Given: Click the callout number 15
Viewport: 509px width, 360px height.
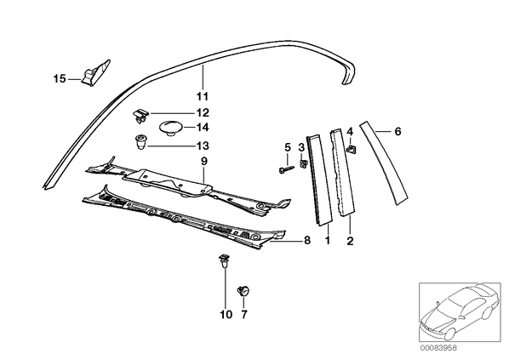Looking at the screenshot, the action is [60, 79].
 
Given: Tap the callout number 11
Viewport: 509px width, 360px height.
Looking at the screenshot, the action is [203, 96].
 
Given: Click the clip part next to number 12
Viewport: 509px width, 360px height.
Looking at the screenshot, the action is [140, 116].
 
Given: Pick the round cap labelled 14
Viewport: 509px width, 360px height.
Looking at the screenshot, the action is [171, 127].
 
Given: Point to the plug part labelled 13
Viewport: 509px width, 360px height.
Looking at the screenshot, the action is [140, 142].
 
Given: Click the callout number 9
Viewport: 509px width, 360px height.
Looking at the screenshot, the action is [203, 162].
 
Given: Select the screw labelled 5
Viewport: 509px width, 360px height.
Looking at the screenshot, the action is [286, 169].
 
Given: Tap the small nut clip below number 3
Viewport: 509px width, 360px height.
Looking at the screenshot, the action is [304, 163].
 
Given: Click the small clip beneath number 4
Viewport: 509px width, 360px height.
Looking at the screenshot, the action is [351, 150].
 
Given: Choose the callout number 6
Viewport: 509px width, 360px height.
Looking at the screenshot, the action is [398, 131].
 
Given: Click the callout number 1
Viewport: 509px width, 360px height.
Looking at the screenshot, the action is [328, 241].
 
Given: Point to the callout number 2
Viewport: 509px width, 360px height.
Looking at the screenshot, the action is [350, 241].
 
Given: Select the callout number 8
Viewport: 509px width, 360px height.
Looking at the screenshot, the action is [306, 240].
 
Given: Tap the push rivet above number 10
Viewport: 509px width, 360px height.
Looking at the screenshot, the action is [223, 260].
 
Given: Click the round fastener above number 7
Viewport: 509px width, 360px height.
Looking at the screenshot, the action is [243, 290].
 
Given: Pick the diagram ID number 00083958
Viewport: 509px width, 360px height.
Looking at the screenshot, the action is [438, 348].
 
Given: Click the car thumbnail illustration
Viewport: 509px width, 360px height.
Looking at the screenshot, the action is [460, 312].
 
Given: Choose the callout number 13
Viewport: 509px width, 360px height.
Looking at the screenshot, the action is [203, 146].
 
